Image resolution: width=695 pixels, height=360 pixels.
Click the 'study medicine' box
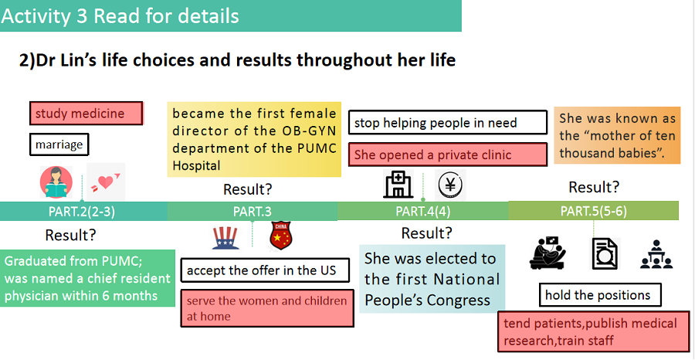point(86,113)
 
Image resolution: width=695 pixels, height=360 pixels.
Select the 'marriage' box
point(59,144)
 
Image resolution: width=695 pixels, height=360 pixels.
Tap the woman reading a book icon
point(56,182)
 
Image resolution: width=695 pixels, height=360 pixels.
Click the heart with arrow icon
point(106,182)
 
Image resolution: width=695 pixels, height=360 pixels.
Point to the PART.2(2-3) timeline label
point(82,212)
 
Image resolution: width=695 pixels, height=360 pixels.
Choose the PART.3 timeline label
point(253,212)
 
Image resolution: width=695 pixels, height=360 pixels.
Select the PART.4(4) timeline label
point(423,212)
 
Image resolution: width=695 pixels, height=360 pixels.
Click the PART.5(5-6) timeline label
point(594,211)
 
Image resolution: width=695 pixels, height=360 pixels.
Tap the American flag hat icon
point(225,238)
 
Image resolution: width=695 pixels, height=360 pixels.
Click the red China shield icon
point(280,235)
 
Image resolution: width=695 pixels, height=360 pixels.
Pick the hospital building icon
point(398,184)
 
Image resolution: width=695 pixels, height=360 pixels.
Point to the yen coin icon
point(450,185)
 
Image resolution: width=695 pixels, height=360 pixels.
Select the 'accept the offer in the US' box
point(265,270)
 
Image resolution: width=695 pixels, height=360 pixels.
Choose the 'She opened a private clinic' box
point(448,155)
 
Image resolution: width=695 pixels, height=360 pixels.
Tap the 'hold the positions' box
point(600,295)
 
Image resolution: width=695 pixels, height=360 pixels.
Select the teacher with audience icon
point(656,254)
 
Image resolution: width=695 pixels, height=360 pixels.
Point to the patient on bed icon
point(548,253)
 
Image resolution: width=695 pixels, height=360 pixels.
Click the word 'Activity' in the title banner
point(36,16)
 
